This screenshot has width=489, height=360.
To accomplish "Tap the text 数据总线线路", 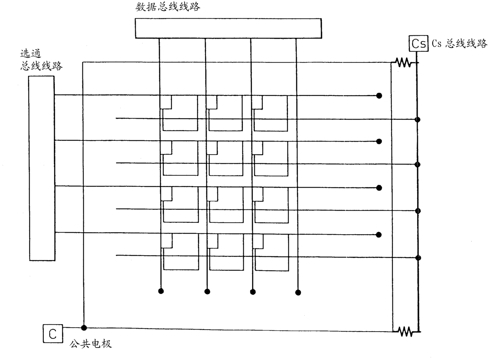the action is tap(168, 7).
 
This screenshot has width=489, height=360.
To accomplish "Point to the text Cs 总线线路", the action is tap(459, 44).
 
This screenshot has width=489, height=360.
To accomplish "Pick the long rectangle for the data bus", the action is tap(228, 28).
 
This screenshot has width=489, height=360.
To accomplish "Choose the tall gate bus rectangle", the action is tap(41, 168).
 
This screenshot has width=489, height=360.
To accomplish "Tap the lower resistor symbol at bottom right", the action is tap(405, 332).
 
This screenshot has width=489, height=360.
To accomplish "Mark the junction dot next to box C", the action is tap(84, 327).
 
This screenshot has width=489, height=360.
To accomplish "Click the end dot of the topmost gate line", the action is tap(379, 95).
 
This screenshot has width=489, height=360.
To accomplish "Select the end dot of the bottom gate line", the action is tap(379, 235).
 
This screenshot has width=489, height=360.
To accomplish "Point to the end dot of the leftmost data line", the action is tap(161, 291).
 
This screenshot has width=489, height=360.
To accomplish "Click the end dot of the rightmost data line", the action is tap(298, 292).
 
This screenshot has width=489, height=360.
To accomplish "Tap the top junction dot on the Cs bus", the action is tap(418, 119).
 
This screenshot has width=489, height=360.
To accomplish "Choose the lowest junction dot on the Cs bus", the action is tap(418, 258).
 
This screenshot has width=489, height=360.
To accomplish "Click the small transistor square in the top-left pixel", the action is tap(166, 102).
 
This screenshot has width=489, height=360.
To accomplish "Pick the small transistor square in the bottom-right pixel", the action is tap(258, 241).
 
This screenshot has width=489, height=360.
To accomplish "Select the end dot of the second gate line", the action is tap(379, 141).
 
